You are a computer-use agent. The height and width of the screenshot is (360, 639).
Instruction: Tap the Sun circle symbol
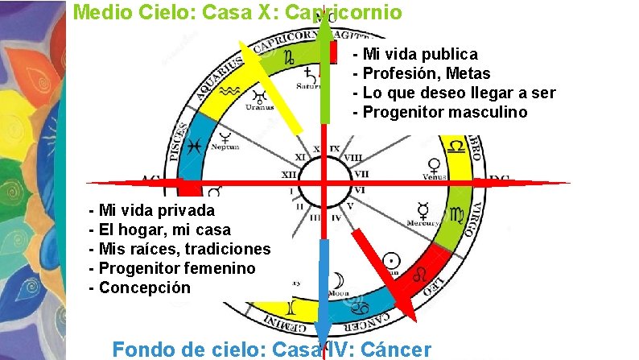[x=392, y=260]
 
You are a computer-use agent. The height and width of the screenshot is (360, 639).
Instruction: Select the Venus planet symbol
[x=435, y=166]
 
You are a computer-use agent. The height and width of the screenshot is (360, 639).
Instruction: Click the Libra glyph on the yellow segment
[x=456, y=147]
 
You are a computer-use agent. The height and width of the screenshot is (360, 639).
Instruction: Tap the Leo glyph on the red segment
[x=421, y=275]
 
